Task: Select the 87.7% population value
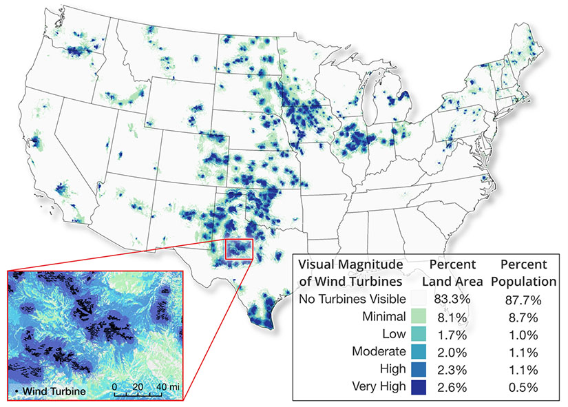point(520,299)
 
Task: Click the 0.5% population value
point(520,386)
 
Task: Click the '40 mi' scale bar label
point(168,387)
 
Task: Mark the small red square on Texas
point(239,249)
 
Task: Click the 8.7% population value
point(520,317)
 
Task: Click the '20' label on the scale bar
point(138,387)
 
